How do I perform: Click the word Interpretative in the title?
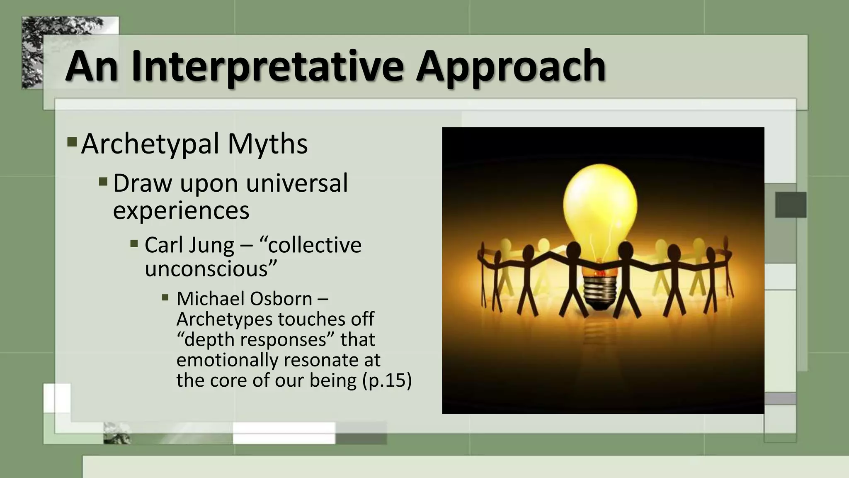coord(267,66)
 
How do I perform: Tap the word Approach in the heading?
coord(511,66)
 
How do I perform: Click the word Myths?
coord(268,144)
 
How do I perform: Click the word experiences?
coord(181,210)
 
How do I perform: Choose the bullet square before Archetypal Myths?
coord(72,142)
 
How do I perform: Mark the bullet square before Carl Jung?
coord(134,243)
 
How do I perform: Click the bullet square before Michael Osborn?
coord(165,298)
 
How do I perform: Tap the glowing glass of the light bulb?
coord(599,203)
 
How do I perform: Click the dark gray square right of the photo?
coord(791,205)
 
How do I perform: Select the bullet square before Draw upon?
coord(103,181)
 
